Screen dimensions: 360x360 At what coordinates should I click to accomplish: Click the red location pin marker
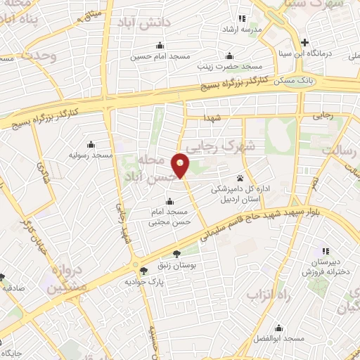click(x=181, y=165)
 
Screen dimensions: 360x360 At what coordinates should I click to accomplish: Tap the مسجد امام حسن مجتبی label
click(x=173, y=217)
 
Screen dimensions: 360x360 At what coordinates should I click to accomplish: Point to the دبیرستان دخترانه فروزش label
click(x=328, y=266)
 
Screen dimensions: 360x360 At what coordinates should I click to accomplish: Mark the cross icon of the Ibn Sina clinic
click(x=304, y=42)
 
